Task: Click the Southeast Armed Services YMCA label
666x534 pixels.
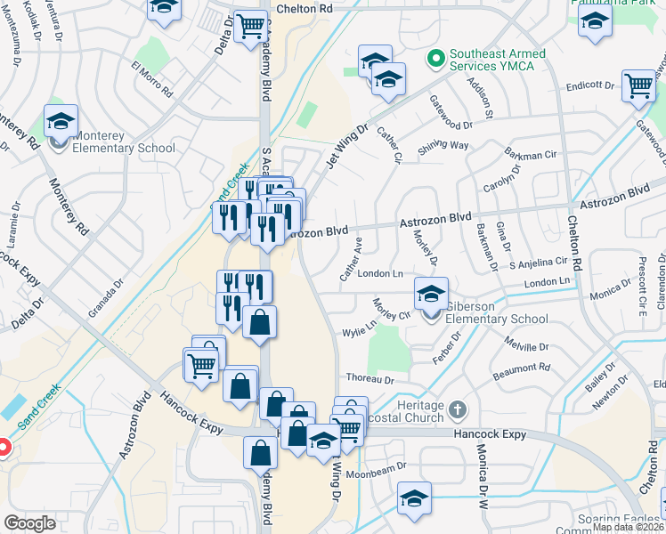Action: coord(497,61)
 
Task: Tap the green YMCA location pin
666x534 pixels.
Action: coord(435,61)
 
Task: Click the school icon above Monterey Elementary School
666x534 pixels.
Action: coord(61,121)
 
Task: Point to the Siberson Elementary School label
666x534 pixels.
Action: coord(497,312)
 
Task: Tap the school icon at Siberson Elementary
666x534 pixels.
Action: coord(431,294)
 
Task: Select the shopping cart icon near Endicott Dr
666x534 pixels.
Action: coord(638,85)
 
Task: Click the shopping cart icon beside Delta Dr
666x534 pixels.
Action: coord(252,26)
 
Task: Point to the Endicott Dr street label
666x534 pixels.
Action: coord(590,87)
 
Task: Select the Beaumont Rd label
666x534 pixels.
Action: coord(526,367)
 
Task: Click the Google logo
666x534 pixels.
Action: coord(29,523)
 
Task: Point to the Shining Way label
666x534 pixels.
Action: coord(443,146)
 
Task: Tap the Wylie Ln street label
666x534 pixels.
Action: coord(360,332)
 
